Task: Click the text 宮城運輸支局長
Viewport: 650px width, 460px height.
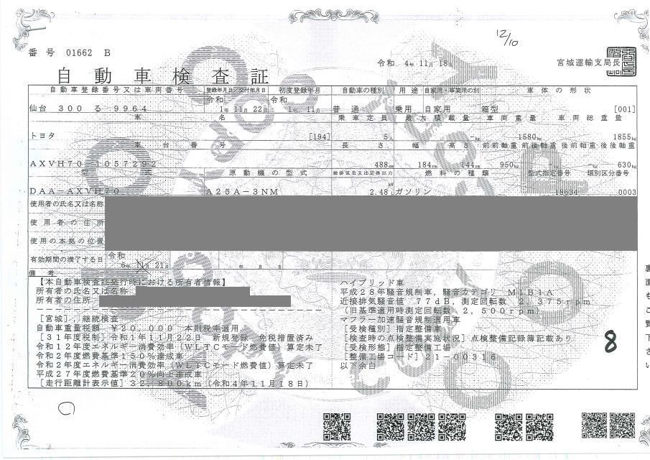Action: pos(585,63)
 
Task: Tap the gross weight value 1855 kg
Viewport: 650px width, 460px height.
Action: pos(621,136)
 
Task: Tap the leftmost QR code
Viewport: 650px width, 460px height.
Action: pos(336,425)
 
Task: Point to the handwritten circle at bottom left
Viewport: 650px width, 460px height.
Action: pos(65,411)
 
